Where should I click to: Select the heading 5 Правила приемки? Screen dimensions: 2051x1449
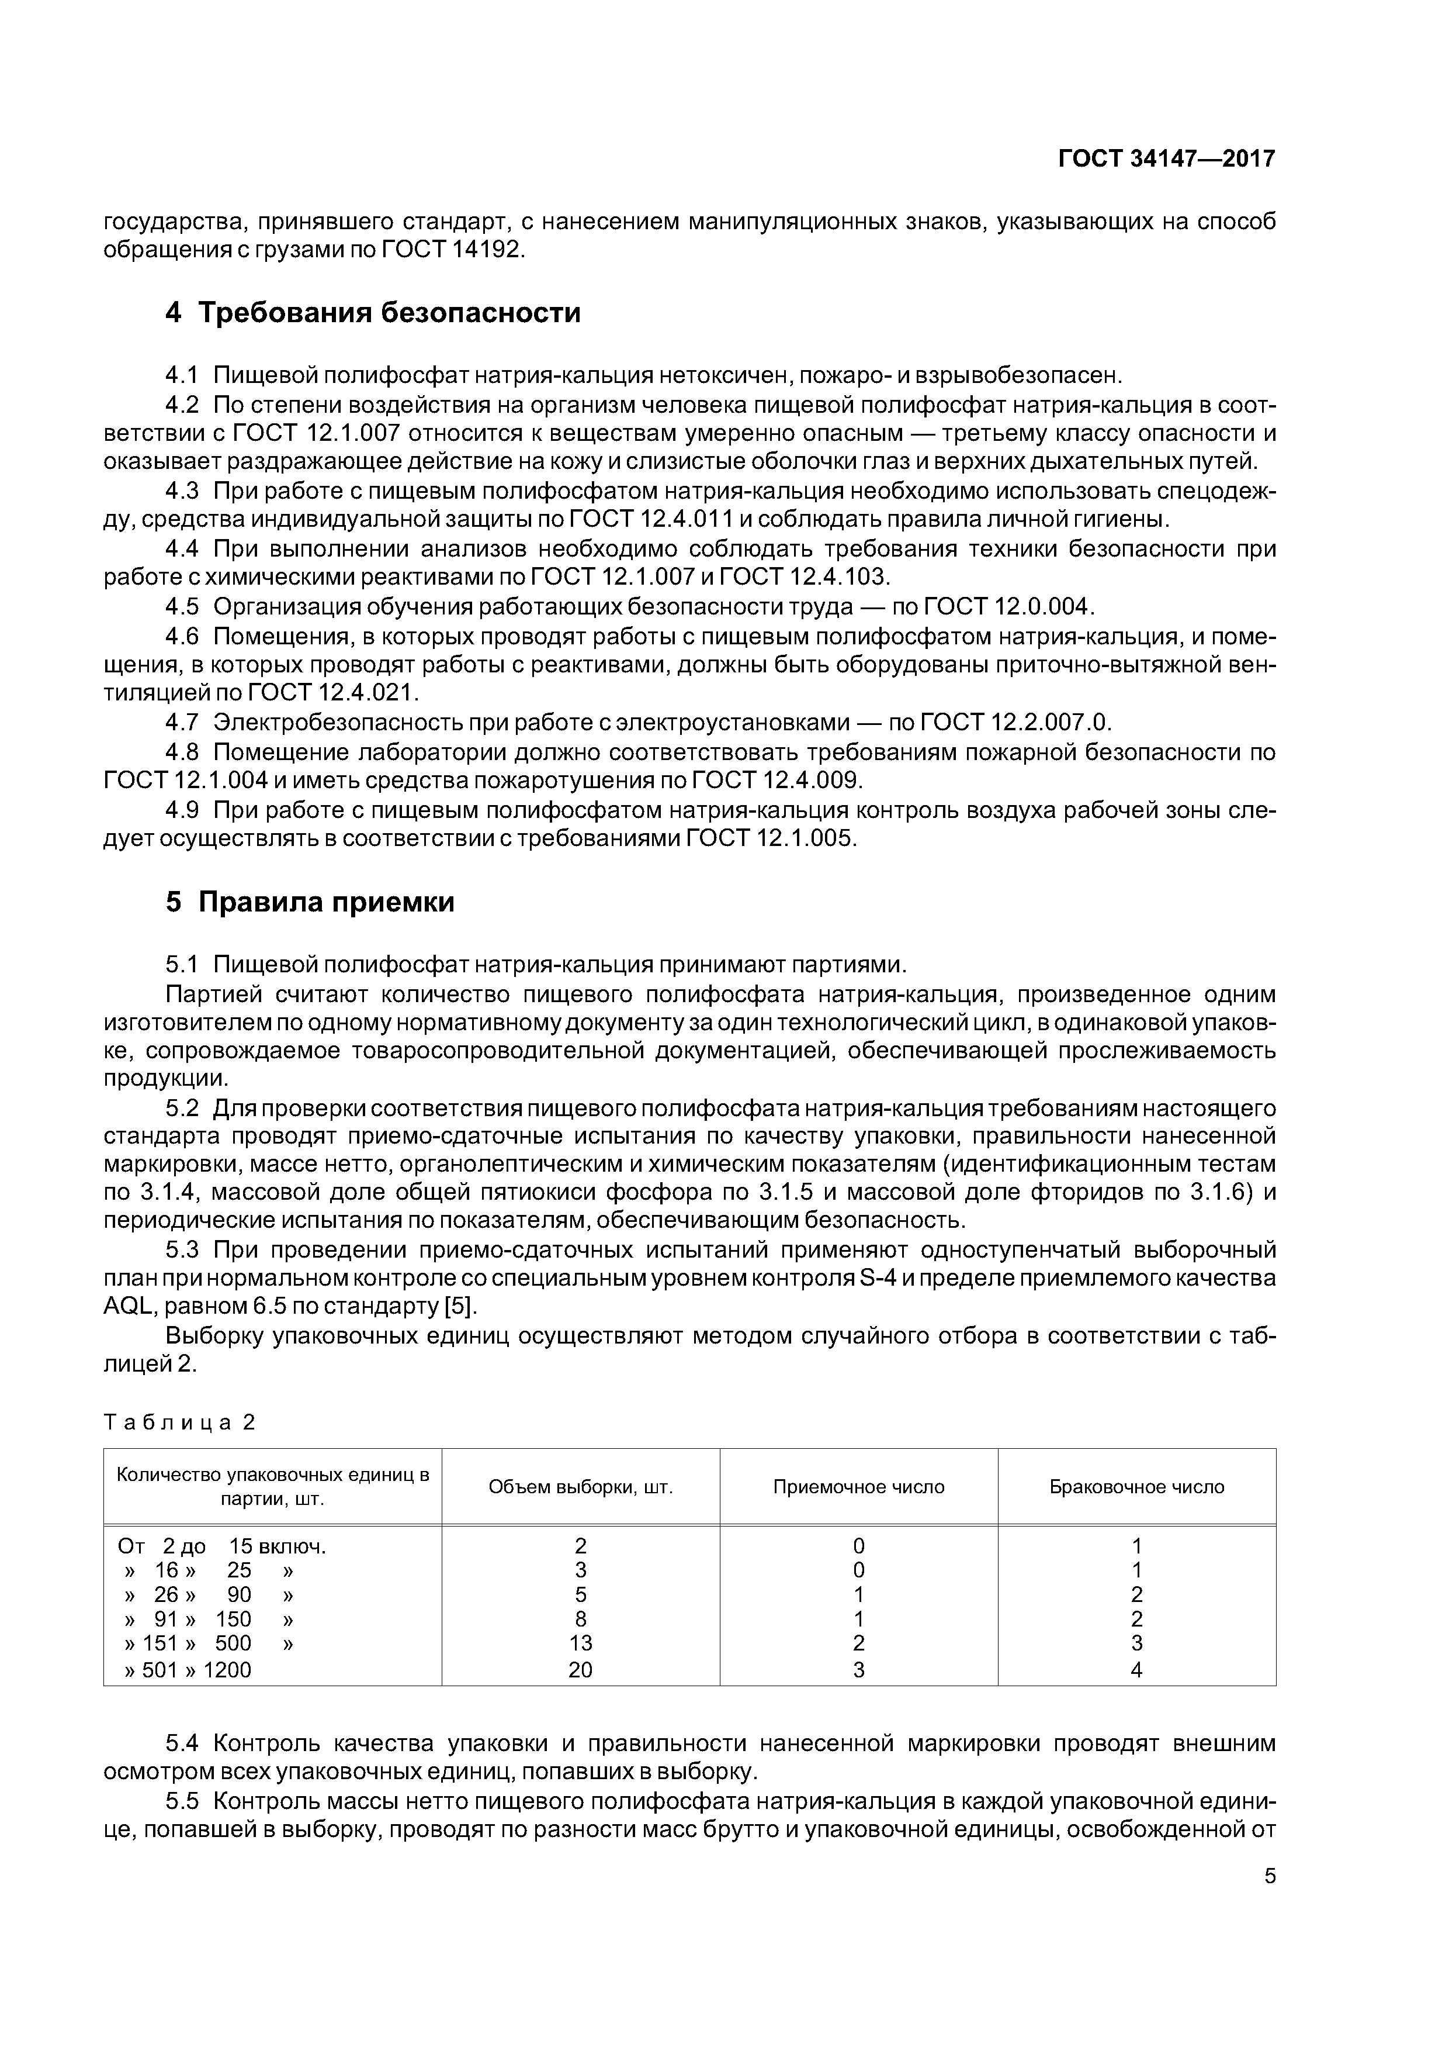pos(310,902)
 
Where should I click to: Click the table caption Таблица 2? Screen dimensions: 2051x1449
pos(179,1422)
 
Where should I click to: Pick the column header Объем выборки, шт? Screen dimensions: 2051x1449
pos(580,1486)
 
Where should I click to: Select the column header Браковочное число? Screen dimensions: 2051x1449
pos(1136,1486)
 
